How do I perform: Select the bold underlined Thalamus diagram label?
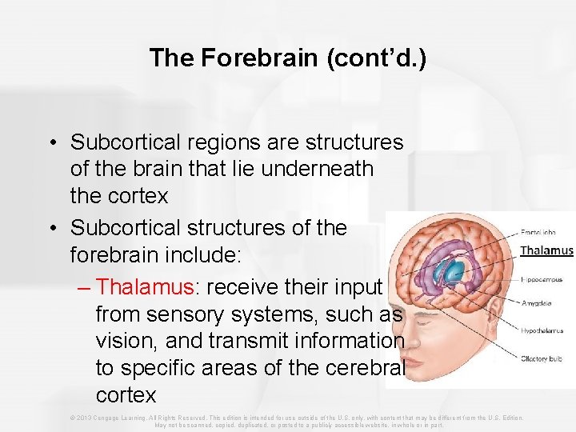pos(546,250)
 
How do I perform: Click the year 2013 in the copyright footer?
pos(84,418)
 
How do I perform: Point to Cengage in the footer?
pos(107,418)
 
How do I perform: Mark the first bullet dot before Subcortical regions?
pos(51,142)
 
